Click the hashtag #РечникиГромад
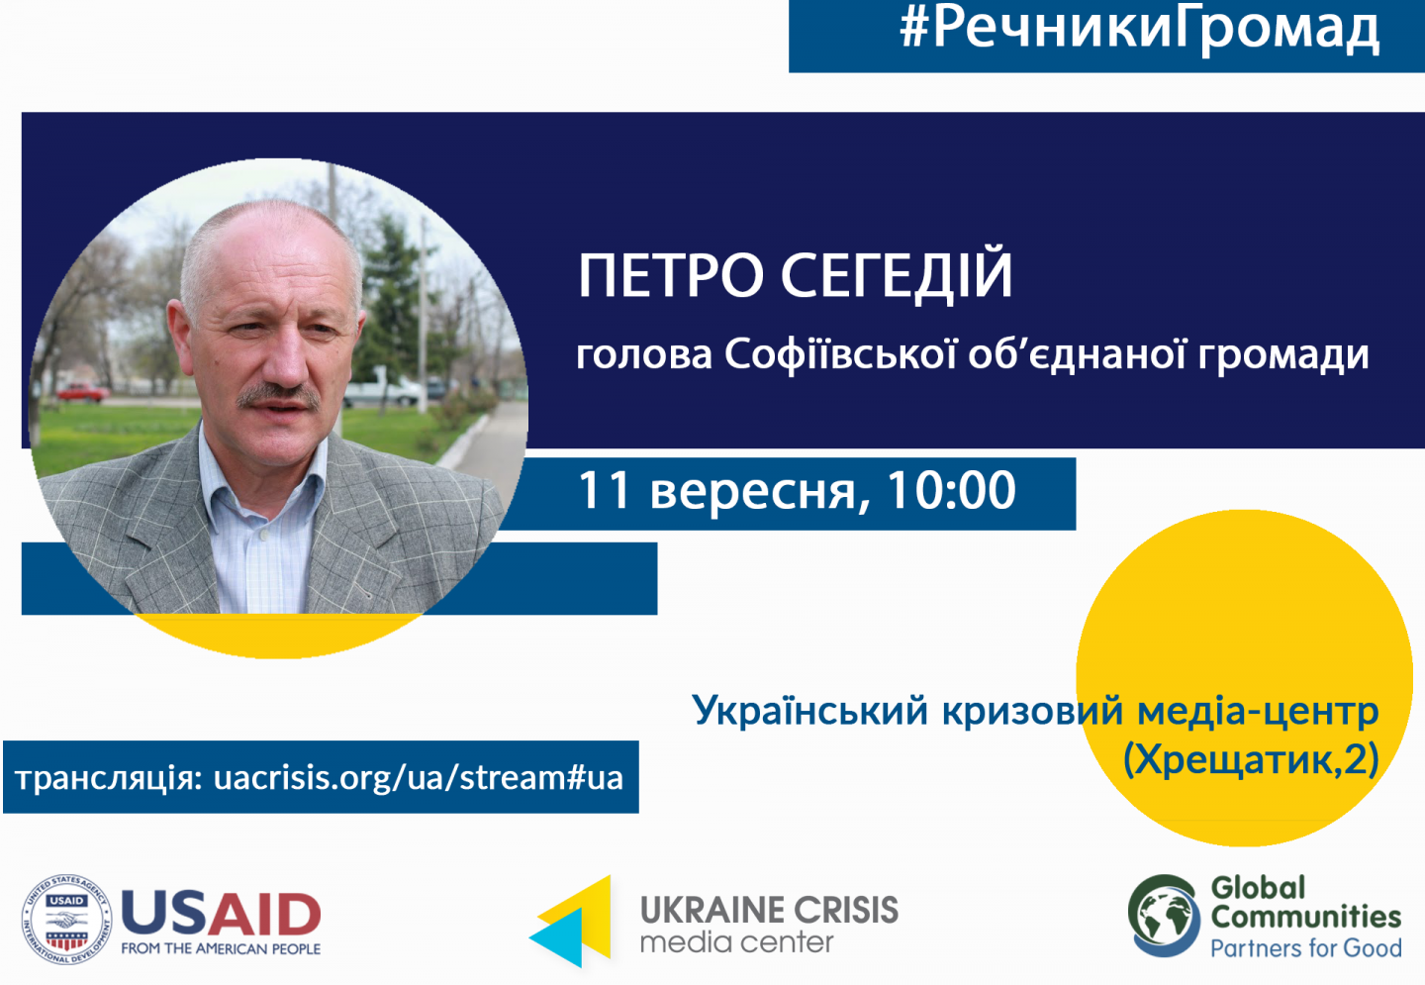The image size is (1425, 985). (x=1139, y=30)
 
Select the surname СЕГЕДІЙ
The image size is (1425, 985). (x=897, y=276)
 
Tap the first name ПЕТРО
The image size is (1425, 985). (x=671, y=276)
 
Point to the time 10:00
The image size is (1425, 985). (x=952, y=490)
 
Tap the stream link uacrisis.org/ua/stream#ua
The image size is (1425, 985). (x=418, y=777)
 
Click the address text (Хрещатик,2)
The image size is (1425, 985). (x=1251, y=759)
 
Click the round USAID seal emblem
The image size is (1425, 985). (x=66, y=920)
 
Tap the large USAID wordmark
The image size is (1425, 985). (x=221, y=914)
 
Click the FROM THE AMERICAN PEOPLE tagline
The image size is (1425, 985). (x=221, y=948)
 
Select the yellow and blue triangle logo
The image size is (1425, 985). (x=570, y=921)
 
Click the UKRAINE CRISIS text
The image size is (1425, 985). (x=769, y=911)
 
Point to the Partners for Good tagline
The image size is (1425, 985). (x=1305, y=948)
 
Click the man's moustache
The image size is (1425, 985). (x=278, y=396)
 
